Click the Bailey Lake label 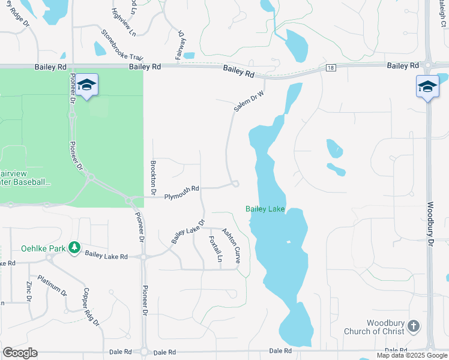(x=265, y=209)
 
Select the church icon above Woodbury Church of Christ (x=412, y=326)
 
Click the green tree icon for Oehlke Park (x=74, y=247)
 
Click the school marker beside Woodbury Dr (x=427, y=87)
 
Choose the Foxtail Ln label (x=215, y=249)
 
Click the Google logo (x=20, y=353)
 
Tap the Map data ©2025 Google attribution (x=411, y=355)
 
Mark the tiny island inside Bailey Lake (x=288, y=242)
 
